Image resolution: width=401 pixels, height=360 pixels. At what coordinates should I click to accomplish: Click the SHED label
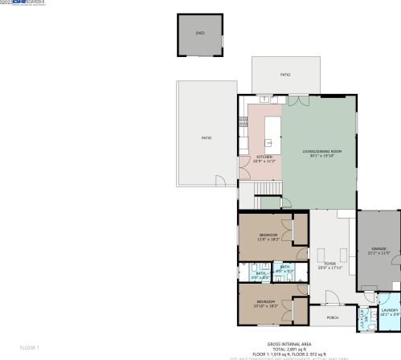point(200,34)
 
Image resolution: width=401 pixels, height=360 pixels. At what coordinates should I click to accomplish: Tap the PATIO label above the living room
point(285,75)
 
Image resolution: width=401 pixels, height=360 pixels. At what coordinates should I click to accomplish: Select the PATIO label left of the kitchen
point(207,138)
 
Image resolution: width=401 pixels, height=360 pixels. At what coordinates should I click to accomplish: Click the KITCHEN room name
point(264,157)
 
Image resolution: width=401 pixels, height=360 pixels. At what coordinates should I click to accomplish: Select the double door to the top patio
point(298,100)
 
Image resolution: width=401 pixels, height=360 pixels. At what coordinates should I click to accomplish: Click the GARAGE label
point(378,249)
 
